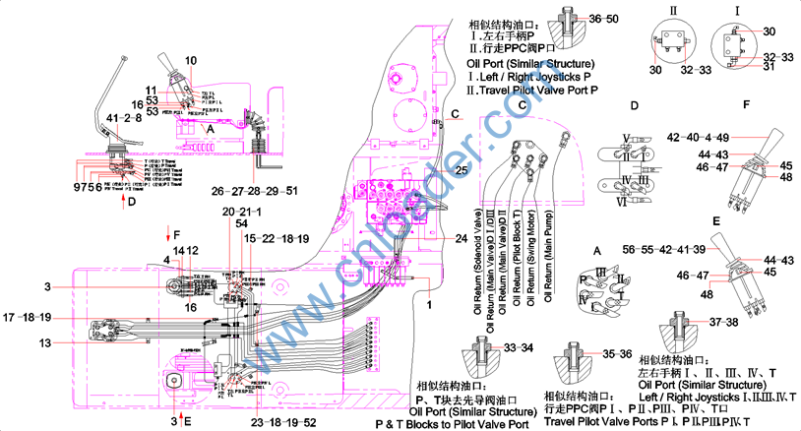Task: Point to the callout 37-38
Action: coord(719,323)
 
